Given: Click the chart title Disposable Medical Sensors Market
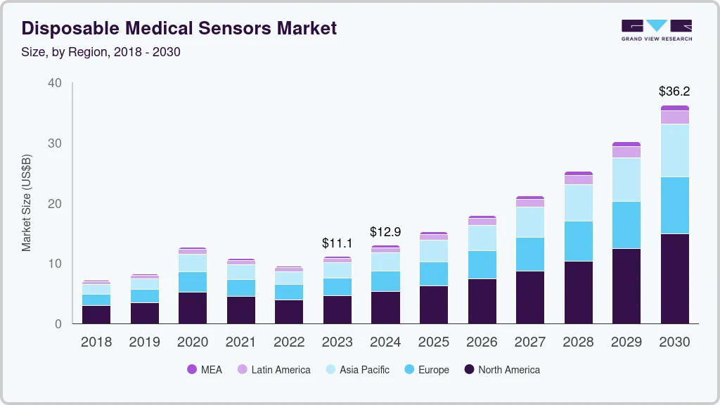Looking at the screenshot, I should click(x=179, y=28).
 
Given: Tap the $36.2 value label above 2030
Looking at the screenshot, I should click(x=674, y=91).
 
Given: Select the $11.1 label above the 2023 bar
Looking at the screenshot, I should click(x=337, y=243).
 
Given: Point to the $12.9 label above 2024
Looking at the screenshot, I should click(x=385, y=231).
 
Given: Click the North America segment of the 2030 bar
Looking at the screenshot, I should click(x=674, y=278).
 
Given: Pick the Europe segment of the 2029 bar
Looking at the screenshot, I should click(x=626, y=225).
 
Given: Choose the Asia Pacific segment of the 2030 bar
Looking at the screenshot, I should click(x=674, y=150).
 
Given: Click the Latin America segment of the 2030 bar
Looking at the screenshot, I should click(x=674, y=117).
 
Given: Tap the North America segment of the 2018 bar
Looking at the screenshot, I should click(x=96, y=314).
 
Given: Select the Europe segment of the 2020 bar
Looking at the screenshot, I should click(x=193, y=282).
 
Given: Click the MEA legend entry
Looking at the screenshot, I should click(x=205, y=370).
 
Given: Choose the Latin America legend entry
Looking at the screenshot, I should click(x=274, y=370).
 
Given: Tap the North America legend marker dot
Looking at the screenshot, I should click(x=468, y=370).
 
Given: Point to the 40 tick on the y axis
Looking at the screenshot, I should click(x=55, y=83).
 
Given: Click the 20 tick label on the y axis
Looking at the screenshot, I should click(x=55, y=204).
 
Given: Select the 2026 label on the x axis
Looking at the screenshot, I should click(x=482, y=342).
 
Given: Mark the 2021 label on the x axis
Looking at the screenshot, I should click(x=240, y=342).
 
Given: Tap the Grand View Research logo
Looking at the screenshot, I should click(x=657, y=30).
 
